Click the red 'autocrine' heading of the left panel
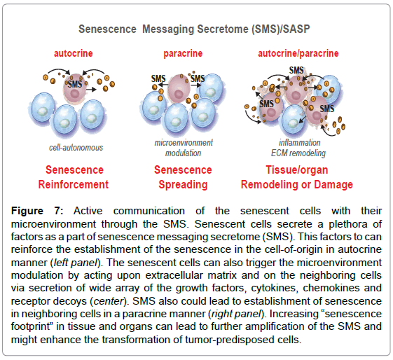click(74, 53)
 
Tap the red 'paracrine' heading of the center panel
click(183, 53)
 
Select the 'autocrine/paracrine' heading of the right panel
click(298, 53)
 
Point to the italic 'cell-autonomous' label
click(76, 148)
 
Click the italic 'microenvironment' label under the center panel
click(184, 143)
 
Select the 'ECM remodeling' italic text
click(298, 153)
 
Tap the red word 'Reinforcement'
click(73, 185)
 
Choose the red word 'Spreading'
click(183, 185)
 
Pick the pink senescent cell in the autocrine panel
click(74, 88)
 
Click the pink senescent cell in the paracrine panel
click(179, 89)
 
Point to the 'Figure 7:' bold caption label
click(37, 211)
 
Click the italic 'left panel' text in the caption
click(76, 263)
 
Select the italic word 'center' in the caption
click(109, 301)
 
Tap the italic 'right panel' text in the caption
click(236, 314)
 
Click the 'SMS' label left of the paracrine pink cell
click(158, 78)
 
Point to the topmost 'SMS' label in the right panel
click(296, 70)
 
